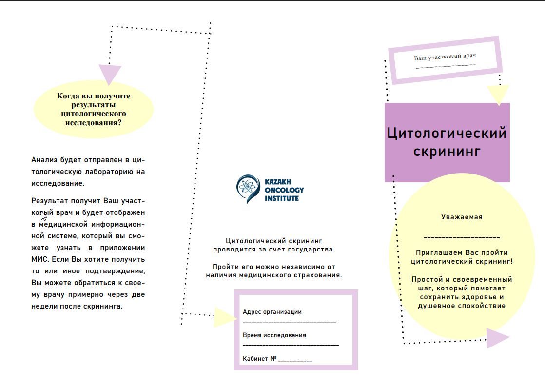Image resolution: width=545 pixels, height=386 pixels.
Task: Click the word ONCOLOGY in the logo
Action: [x=284, y=190]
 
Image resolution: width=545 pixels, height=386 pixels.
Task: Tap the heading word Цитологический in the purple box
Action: [x=447, y=133]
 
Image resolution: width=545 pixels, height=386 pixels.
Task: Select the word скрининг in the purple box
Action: [x=447, y=151]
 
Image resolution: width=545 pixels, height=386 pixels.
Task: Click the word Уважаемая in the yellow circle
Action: [x=462, y=217]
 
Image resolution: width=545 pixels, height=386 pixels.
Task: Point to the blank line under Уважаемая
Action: [x=462, y=237]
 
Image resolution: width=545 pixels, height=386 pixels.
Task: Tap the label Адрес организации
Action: [x=272, y=312]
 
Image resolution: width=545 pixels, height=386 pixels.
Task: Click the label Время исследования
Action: [x=274, y=335]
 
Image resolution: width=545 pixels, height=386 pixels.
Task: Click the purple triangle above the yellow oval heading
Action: [x=110, y=74]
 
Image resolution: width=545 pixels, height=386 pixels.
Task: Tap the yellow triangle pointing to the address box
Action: [x=223, y=317]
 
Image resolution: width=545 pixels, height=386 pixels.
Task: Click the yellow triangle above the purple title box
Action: [x=498, y=94]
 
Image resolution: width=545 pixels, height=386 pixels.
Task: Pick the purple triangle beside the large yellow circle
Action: [x=496, y=338]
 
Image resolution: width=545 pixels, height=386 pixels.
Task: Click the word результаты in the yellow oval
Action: [x=94, y=105]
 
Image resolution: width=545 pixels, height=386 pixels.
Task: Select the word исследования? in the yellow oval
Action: [x=94, y=122]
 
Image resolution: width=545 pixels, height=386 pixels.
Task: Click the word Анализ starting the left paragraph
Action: [x=44, y=160]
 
